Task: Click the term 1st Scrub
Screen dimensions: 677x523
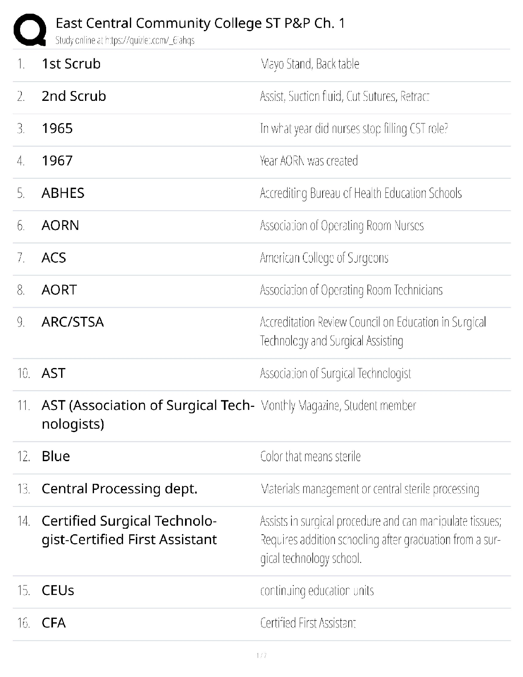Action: pyautogui.click(x=71, y=64)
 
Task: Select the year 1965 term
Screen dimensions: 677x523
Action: pyautogui.click(x=57, y=129)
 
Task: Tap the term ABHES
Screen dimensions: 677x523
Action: pyautogui.click(x=63, y=193)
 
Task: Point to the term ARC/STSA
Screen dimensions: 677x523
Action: pyautogui.click(x=73, y=322)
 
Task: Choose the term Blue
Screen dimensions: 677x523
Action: pyautogui.click(x=56, y=456)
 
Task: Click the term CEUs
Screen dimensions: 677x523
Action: pyautogui.click(x=58, y=591)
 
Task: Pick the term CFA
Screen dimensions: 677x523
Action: pyautogui.click(x=54, y=623)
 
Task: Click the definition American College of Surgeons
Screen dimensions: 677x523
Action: pyautogui.click(x=324, y=258)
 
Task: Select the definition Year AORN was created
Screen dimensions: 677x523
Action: pyautogui.click(x=309, y=161)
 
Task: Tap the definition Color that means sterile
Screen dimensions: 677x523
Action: pyautogui.click(x=310, y=456)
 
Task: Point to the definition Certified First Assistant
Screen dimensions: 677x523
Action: pyautogui.click(x=308, y=623)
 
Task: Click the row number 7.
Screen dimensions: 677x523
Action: pyautogui.click(x=21, y=258)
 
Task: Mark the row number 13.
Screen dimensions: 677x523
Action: pyautogui.click(x=24, y=489)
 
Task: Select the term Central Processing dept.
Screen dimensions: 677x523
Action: pyautogui.click(x=119, y=489)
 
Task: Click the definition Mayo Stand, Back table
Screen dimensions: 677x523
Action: pyautogui.click(x=310, y=64)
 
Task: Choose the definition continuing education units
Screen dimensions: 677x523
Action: pyautogui.click(x=317, y=591)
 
